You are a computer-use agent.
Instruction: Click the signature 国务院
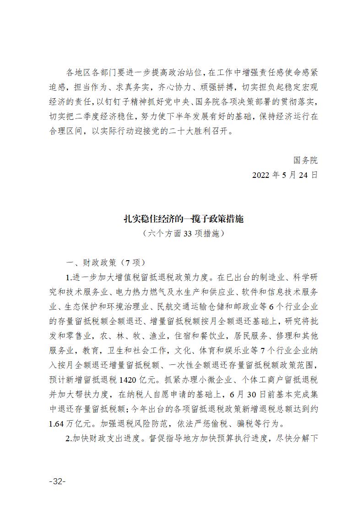pyautogui.click(x=305, y=160)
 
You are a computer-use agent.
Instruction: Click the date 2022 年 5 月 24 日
pyautogui.click(x=285, y=175)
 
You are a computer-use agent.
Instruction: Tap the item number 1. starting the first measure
pyautogui.click(x=69, y=278)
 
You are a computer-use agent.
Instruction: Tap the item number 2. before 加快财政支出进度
pyautogui.click(x=69, y=438)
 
